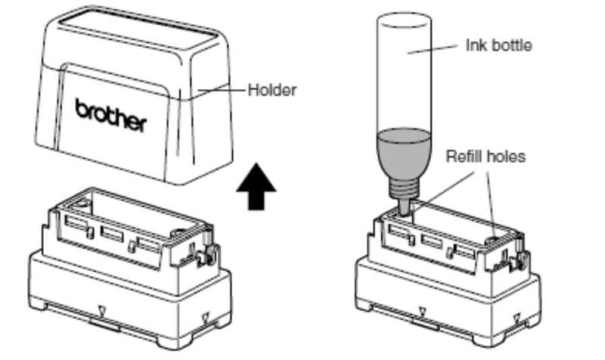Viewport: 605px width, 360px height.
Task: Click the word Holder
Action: click(x=272, y=90)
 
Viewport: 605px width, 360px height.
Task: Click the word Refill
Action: click(x=463, y=157)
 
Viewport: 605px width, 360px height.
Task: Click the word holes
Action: click(x=506, y=157)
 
